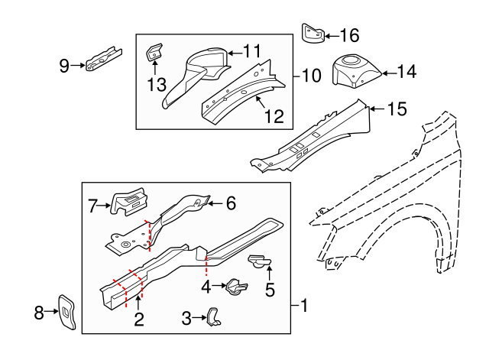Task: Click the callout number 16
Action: [348, 35]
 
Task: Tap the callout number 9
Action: [64, 66]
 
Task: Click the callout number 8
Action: [39, 311]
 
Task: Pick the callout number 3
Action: [186, 317]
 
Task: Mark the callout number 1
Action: [303, 306]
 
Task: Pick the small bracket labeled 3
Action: [213, 316]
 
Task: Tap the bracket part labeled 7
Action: [128, 201]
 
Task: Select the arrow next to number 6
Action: [215, 203]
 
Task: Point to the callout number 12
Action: [274, 116]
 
